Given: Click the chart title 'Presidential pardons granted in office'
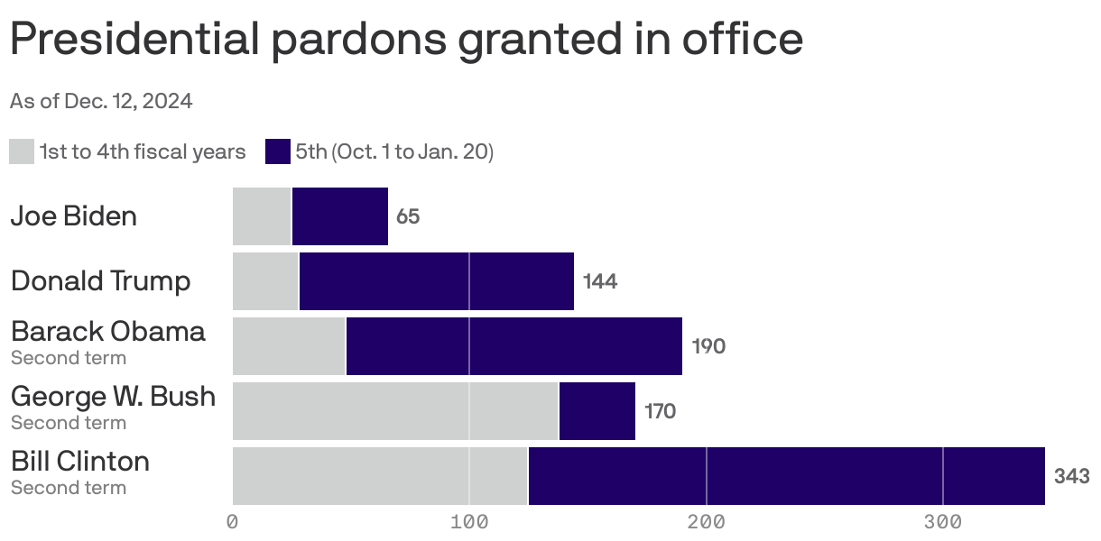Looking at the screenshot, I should point(406,40).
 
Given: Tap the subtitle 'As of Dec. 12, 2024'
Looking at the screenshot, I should point(101,101).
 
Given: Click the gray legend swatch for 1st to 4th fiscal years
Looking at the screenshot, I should point(22,151).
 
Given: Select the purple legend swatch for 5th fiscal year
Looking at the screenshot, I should point(278,151).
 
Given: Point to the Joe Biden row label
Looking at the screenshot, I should point(74,216).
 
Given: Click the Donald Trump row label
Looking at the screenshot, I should point(101,281).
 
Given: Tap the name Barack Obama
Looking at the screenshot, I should point(108,332).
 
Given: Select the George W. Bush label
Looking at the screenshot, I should point(113,397).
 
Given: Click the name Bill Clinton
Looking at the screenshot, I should point(80,462).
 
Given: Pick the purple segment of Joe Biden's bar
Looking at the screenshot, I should point(340,216).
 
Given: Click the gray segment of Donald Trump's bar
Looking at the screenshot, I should point(265,281).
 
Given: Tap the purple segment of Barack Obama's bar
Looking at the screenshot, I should point(514,346).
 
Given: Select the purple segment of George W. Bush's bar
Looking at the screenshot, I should point(597,411).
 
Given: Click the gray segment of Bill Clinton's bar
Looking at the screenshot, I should point(380,476).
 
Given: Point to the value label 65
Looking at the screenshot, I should point(408,217).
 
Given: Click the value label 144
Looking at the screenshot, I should point(600,282).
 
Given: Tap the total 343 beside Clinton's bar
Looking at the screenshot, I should point(1071,477).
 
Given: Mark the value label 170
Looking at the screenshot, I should point(660,412).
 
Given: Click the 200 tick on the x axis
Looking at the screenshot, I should point(707,522).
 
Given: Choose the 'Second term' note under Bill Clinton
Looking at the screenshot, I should point(69,488).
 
